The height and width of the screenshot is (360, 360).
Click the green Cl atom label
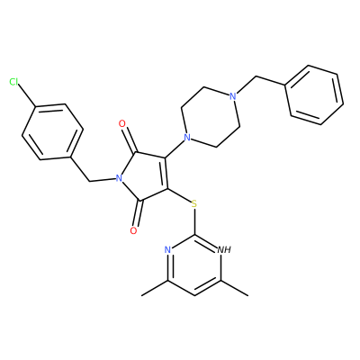[14, 82]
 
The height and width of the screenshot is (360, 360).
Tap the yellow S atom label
[194, 204]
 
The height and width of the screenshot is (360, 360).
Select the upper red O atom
[122, 123]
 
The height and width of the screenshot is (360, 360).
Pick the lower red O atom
[134, 230]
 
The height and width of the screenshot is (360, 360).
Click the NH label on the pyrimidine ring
[224, 249]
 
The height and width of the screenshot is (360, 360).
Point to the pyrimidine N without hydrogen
[167, 249]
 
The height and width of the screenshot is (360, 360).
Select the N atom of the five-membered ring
[119, 178]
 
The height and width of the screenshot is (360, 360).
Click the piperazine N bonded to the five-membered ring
[187, 138]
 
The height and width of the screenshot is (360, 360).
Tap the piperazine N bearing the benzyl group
[232, 96]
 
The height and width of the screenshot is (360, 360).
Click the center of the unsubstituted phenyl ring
[314, 94]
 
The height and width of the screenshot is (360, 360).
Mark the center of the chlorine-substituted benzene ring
[52, 132]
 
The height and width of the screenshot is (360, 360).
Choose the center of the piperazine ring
[210, 117]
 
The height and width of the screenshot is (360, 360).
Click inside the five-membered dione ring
[144, 177]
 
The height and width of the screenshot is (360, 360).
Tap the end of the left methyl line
[141, 296]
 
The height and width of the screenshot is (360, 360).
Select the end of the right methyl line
[248, 296]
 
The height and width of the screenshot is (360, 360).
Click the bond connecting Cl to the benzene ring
[27, 95]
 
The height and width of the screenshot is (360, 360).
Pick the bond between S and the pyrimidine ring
[194, 222]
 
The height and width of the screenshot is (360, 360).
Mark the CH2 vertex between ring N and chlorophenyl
[89, 182]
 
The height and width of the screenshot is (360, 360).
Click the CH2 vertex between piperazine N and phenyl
[256, 77]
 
